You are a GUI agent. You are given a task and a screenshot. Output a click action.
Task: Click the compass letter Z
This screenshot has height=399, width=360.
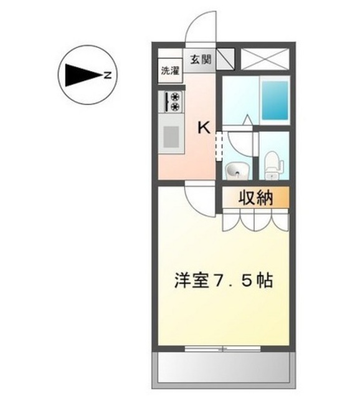click(x=107, y=77)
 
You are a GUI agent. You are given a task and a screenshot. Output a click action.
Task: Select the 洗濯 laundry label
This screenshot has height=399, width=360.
click(x=169, y=70)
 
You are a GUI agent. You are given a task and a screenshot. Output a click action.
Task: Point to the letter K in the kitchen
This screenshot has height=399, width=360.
click(x=204, y=128)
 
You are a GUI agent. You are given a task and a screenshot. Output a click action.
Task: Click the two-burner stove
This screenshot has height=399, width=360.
click(x=173, y=102)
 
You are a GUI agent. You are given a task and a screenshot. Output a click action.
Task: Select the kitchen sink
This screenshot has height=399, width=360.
click(x=171, y=136)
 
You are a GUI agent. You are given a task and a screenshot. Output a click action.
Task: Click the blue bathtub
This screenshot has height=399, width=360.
click(x=274, y=100)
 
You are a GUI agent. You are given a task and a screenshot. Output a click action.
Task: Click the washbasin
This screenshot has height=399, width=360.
click(x=237, y=169)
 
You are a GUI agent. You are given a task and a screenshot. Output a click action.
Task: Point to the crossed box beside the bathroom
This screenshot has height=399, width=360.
click(x=263, y=58)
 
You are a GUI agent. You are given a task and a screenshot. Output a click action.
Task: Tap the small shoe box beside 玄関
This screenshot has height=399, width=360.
click(x=226, y=58)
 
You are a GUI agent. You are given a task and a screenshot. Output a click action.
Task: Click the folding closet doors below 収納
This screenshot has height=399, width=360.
click(x=256, y=219)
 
